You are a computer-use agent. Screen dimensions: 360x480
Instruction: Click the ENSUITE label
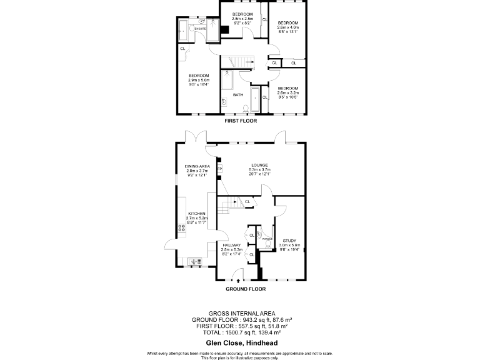click(201, 29)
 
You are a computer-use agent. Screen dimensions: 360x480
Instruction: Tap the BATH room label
click(238, 95)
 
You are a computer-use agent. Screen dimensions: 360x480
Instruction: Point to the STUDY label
click(289, 240)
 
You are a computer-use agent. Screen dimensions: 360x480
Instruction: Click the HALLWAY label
click(231, 245)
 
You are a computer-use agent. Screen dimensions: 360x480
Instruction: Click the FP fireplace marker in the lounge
click(219, 168)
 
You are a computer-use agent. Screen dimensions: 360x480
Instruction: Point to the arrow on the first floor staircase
click(237, 61)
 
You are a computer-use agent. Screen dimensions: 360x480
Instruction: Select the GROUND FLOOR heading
click(245, 289)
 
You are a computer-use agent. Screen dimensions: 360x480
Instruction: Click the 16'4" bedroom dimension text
click(199, 85)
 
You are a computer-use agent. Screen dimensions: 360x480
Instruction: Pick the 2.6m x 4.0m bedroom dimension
click(288, 27)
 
